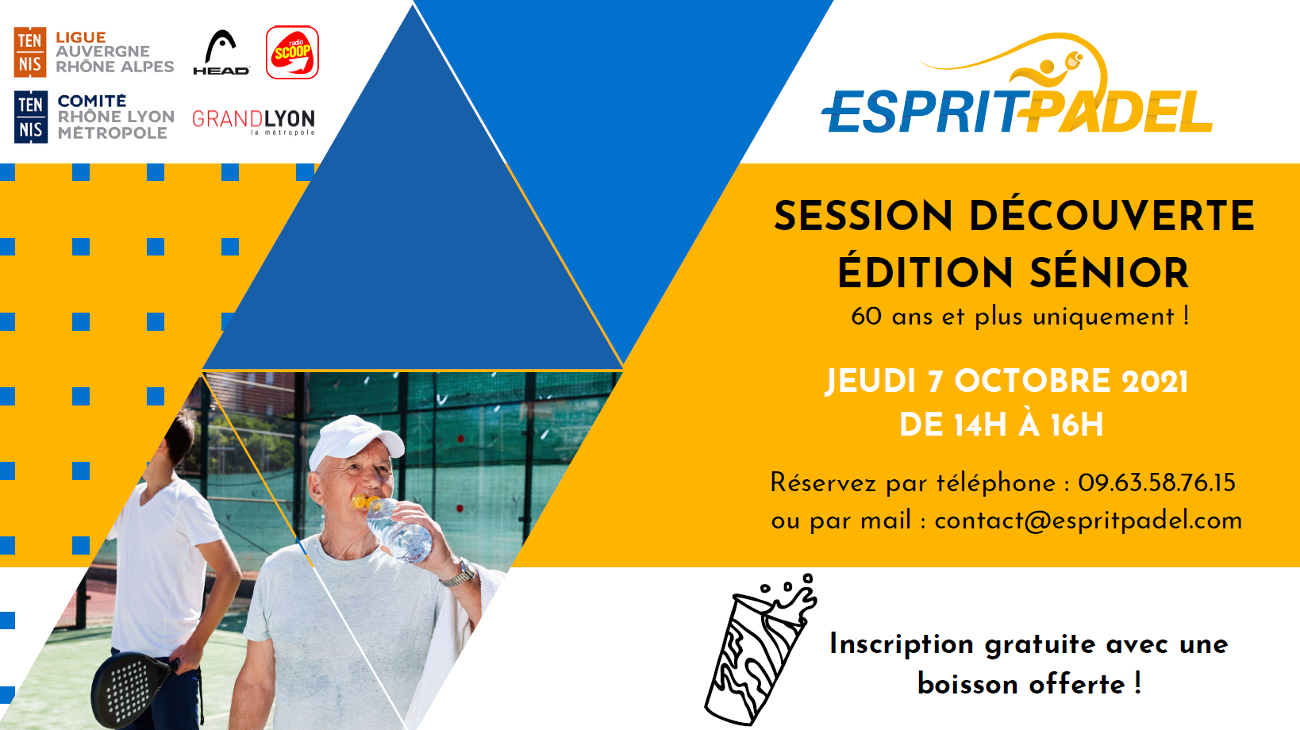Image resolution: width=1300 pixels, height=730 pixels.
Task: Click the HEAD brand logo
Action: click(221, 52)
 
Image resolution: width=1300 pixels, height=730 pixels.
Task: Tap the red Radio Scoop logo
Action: click(292, 52)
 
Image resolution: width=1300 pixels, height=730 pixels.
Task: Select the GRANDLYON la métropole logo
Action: click(254, 122)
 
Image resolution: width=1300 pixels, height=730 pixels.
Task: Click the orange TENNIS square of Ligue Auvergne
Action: click(30, 52)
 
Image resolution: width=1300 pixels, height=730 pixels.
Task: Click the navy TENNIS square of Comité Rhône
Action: click(31, 117)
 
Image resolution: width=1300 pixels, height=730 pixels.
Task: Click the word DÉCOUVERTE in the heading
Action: click(1111, 216)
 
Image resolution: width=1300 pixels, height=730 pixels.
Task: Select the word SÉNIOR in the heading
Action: click(1109, 273)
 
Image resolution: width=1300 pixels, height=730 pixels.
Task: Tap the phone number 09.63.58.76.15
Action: click(1156, 483)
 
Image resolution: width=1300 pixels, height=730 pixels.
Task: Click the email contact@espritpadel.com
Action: click(1088, 521)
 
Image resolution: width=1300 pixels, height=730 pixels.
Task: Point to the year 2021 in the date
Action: click(1154, 382)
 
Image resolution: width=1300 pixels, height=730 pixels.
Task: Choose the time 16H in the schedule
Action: click(1076, 425)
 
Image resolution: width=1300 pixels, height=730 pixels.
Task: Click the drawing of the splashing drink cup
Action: click(761, 650)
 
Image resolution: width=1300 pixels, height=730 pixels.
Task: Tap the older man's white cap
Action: click(356, 441)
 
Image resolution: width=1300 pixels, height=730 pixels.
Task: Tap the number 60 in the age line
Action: click(866, 317)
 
